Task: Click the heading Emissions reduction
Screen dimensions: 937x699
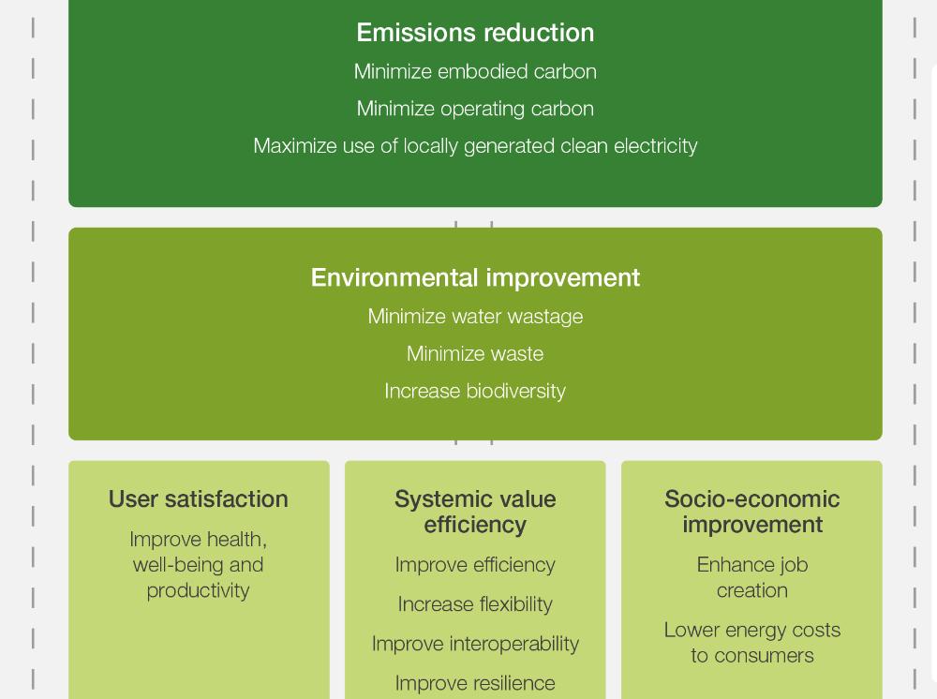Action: [475, 32]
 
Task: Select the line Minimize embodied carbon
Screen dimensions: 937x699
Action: [475, 72]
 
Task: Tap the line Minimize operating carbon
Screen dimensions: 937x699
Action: [475, 109]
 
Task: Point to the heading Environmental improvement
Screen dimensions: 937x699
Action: [475, 277]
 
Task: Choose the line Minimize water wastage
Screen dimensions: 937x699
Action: [475, 317]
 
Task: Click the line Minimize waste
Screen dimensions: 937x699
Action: [475, 353]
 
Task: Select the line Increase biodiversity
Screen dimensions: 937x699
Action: [475, 391]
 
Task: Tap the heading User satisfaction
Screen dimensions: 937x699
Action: [199, 498]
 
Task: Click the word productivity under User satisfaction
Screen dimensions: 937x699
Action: [199, 591]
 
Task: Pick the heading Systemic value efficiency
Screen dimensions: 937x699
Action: [475, 512]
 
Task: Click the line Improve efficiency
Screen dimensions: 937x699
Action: [475, 565]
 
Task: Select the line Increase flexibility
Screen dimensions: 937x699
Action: [475, 604]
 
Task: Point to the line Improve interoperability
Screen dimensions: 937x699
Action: [475, 644]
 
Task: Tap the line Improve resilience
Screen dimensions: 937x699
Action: [475, 683]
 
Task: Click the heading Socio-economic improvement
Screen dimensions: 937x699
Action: [752, 512]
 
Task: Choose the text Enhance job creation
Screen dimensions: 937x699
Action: [752, 578]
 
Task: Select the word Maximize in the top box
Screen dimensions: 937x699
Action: [296, 146]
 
